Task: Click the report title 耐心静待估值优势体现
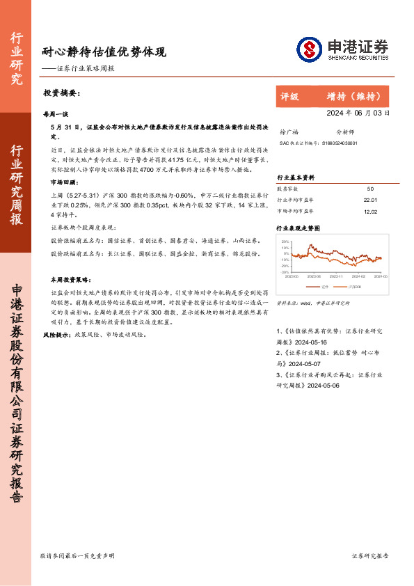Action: tap(104, 52)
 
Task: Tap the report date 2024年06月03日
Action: tap(358, 112)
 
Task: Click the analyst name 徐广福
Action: tap(288, 132)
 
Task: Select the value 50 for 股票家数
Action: tap(370, 189)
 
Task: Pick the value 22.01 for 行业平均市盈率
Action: tap(370, 200)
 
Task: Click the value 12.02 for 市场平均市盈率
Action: tap(370, 211)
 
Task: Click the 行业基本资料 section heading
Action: tap(296, 177)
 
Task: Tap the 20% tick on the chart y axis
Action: tap(285, 241)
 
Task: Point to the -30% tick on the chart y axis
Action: tap(285, 273)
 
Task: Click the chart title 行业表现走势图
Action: tap(298, 228)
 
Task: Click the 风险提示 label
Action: tap(56, 335)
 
